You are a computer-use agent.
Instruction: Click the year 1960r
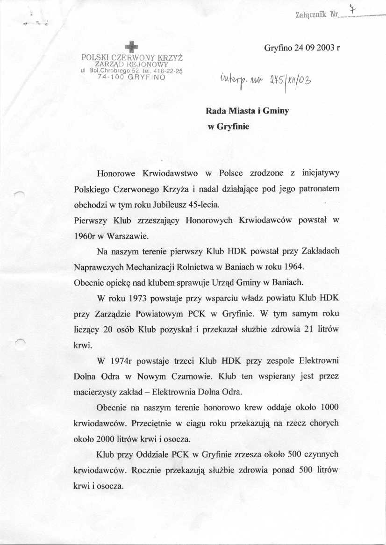(x=85, y=236)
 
